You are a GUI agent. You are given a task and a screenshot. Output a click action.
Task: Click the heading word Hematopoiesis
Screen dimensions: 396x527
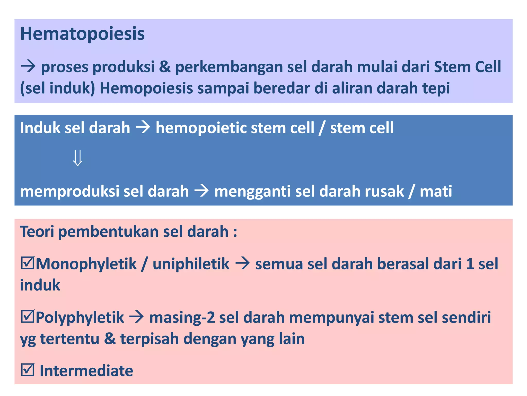(82, 34)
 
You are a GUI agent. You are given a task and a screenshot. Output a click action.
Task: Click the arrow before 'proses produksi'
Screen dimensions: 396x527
(28, 67)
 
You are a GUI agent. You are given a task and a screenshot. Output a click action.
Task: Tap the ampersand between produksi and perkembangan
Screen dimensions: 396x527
(165, 67)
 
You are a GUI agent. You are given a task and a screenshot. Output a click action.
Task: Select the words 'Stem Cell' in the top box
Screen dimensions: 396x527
(467, 67)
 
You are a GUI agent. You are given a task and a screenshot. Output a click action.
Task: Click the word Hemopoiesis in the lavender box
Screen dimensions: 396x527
(146, 88)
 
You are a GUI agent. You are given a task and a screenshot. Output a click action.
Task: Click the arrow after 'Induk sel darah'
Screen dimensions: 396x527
(143, 127)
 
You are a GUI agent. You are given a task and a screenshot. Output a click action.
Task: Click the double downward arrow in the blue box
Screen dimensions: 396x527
(78, 158)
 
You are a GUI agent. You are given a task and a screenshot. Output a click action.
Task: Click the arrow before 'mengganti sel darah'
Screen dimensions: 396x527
(201, 191)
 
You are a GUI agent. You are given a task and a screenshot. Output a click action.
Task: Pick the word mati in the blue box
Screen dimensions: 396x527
(436, 191)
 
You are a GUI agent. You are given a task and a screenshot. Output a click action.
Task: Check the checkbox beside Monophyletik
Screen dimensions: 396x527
(27, 263)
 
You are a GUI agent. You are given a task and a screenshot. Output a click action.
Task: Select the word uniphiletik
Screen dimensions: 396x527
(191, 264)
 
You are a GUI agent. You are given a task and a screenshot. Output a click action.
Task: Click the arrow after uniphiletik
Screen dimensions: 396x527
(242, 264)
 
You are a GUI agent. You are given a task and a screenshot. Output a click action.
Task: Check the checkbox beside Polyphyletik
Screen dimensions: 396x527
(27, 317)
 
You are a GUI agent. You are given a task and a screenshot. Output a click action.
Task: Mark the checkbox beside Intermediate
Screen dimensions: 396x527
(27, 370)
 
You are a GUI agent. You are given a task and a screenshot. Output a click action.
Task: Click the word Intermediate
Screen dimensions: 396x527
(86, 371)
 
